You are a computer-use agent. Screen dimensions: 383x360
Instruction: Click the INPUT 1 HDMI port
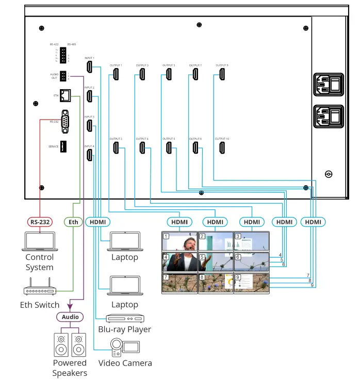pos(89,67)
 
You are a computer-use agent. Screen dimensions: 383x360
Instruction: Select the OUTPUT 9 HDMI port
pos(221,74)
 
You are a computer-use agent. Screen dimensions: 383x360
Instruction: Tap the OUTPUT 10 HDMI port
pos(221,148)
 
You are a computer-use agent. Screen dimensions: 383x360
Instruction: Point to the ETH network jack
pos(66,95)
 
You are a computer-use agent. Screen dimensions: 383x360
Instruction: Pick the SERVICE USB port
pos(64,146)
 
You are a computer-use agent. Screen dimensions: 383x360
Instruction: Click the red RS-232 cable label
pos(40,222)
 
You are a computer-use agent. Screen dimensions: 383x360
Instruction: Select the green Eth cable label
pos(74,222)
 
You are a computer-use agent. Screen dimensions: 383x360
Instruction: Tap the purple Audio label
pos(70,317)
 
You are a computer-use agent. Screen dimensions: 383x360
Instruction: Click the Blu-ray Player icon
pos(124,318)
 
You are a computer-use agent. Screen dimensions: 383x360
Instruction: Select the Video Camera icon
pos(124,347)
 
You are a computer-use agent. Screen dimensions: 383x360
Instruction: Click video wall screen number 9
pos(251,283)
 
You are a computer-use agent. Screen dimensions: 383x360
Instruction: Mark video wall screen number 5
pos(216,262)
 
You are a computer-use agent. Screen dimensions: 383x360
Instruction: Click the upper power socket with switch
pos(329,85)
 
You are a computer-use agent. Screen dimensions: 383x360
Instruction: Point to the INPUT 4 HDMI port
pos(89,154)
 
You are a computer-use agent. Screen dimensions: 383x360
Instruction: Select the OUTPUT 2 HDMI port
pos(116,148)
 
